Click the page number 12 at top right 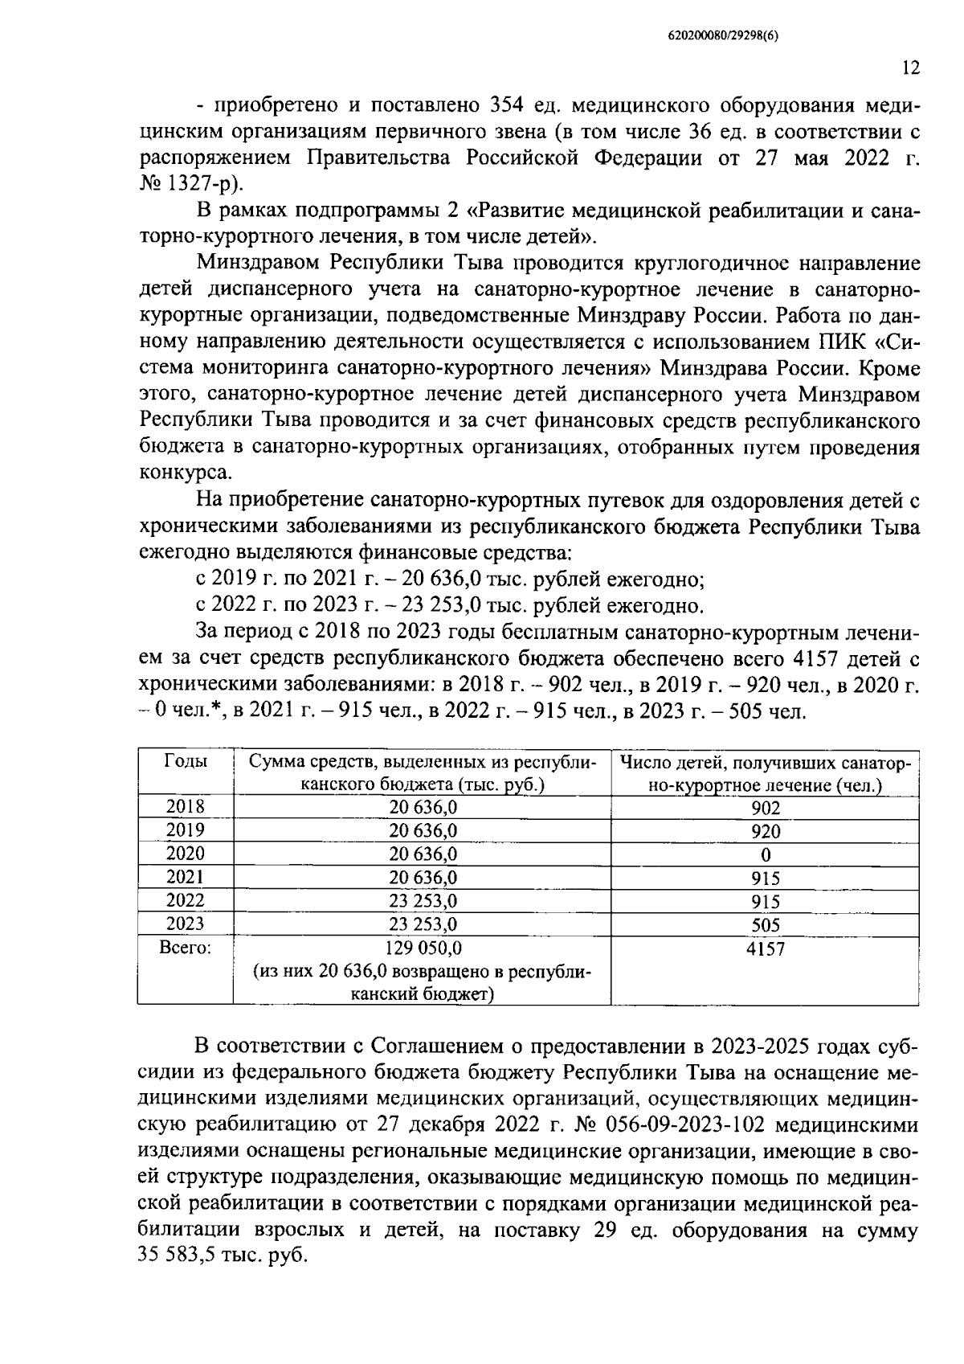[x=910, y=68]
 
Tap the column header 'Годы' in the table [x=186, y=761]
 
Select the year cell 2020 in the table [x=186, y=853]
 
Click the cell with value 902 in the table [x=765, y=808]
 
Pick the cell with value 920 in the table [x=765, y=831]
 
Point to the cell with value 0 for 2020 [x=765, y=854]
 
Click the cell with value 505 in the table [x=765, y=925]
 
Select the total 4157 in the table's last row [x=765, y=948]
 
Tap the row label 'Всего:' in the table [x=186, y=948]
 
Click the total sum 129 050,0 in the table [x=423, y=948]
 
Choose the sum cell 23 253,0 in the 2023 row [x=423, y=924]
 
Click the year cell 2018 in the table [x=186, y=806]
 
